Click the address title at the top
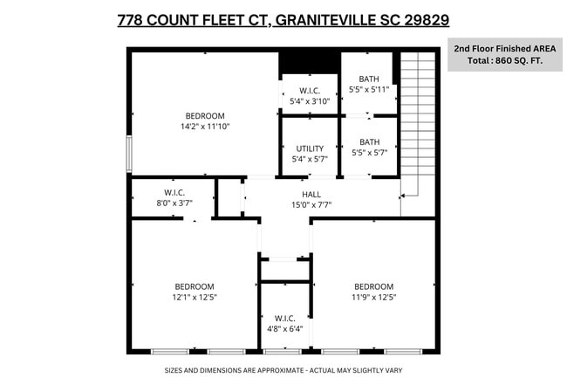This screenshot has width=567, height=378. pos(283,19)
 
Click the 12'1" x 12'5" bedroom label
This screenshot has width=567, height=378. pos(195,292)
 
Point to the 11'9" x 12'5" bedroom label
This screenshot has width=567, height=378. pos(373,292)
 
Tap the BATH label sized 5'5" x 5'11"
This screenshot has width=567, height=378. pos(369,84)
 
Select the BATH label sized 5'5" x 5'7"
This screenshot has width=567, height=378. pos(369,148)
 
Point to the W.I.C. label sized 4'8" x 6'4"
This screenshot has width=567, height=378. pos(284,323)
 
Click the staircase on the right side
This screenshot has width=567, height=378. pos(418,122)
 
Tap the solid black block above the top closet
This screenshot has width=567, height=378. pos(308,63)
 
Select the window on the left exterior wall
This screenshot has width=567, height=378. pos(129,155)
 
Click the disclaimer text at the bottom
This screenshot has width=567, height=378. pos(283,369)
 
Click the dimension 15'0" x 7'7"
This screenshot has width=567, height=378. pos(311,205)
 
